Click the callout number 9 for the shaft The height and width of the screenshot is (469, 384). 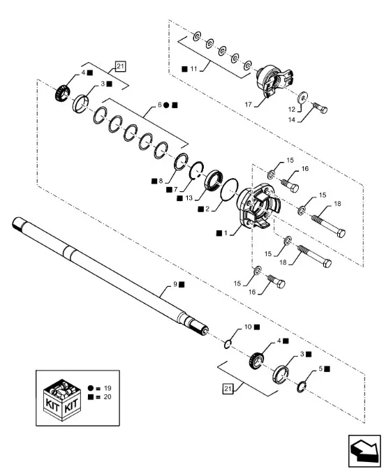(x=175, y=284)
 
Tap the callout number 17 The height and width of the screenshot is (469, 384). (x=249, y=105)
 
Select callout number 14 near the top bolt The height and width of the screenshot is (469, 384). (x=292, y=120)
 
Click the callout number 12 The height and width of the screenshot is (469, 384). (x=292, y=110)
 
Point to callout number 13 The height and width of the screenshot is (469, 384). (x=189, y=198)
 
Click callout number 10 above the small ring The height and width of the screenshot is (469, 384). (x=248, y=327)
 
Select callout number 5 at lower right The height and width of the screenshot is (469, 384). (x=320, y=368)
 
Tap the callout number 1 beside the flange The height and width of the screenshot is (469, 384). (x=226, y=232)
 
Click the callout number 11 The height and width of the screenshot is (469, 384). (x=193, y=69)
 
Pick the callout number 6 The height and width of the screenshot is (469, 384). (x=160, y=105)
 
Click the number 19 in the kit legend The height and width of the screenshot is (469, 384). (x=108, y=388)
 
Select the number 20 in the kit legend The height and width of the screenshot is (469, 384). (x=108, y=397)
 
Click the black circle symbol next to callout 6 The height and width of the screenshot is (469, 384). (x=167, y=105)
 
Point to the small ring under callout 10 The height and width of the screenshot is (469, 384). (x=228, y=344)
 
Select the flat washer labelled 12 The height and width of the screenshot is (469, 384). (x=303, y=96)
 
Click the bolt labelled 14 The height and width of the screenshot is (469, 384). (x=320, y=107)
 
